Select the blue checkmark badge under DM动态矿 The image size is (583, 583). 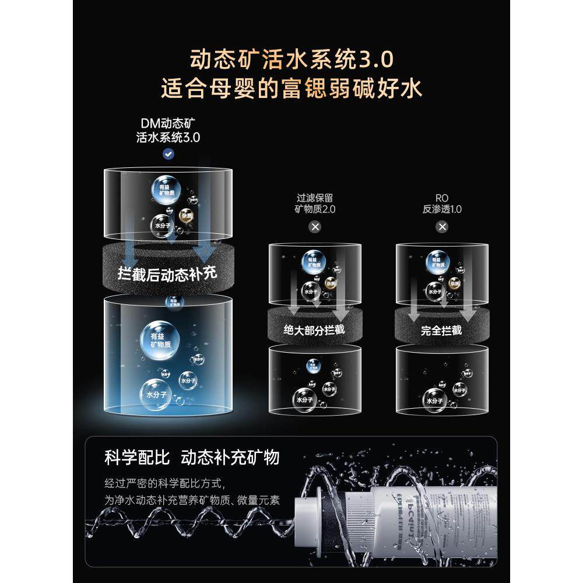click(x=168, y=154)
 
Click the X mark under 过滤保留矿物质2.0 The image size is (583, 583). click(x=315, y=226)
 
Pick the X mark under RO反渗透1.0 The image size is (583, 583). click(x=442, y=226)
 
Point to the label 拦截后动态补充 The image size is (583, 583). click(x=167, y=272)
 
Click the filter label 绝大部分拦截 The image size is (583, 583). click(x=314, y=330)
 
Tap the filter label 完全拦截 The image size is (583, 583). click(x=441, y=330)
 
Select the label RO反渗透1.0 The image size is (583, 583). click(x=442, y=203)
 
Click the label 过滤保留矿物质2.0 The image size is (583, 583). click(x=315, y=203)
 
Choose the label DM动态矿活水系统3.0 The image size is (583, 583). click(x=168, y=131)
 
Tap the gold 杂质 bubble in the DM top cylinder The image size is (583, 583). click(x=186, y=215)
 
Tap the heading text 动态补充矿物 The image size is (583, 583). click(x=230, y=457)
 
